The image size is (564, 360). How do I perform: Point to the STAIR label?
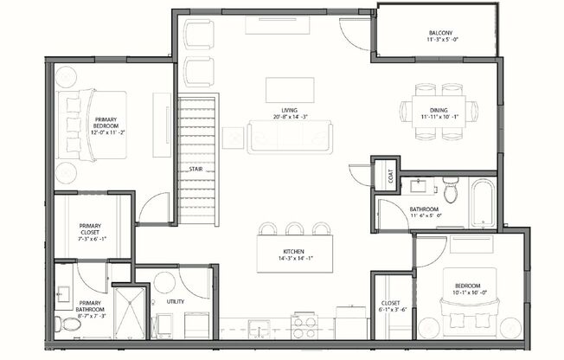coord(195,169)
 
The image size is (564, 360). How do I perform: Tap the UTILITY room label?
coord(175,302)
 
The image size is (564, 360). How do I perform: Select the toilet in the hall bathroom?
coord(451,188)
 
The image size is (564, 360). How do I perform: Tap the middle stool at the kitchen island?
coord(295,228)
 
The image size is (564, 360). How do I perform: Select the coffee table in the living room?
coord(288,90)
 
